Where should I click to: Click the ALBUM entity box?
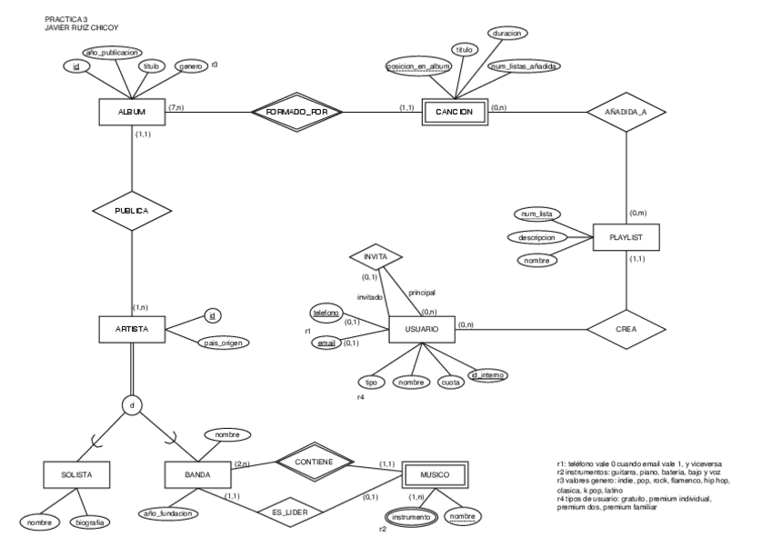[x=132, y=112]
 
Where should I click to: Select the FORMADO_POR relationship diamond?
[x=297, y=112]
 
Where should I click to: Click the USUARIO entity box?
[x=422, y=328]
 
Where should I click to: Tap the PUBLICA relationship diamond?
[x=132, y=209]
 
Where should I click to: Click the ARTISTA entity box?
[x=132, y=328]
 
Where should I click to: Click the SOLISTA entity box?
[x=75, y=474]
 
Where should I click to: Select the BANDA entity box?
[x=197, y=474]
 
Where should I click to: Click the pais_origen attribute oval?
[x=222, y=343]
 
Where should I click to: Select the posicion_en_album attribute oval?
[x=418, y=66]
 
